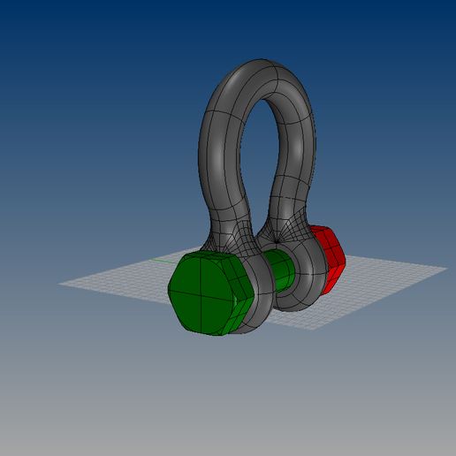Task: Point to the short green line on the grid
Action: [x=163, y=261]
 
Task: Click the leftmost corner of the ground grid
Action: [x=60, y=284]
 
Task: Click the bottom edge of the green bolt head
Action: [x=212, y=333]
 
